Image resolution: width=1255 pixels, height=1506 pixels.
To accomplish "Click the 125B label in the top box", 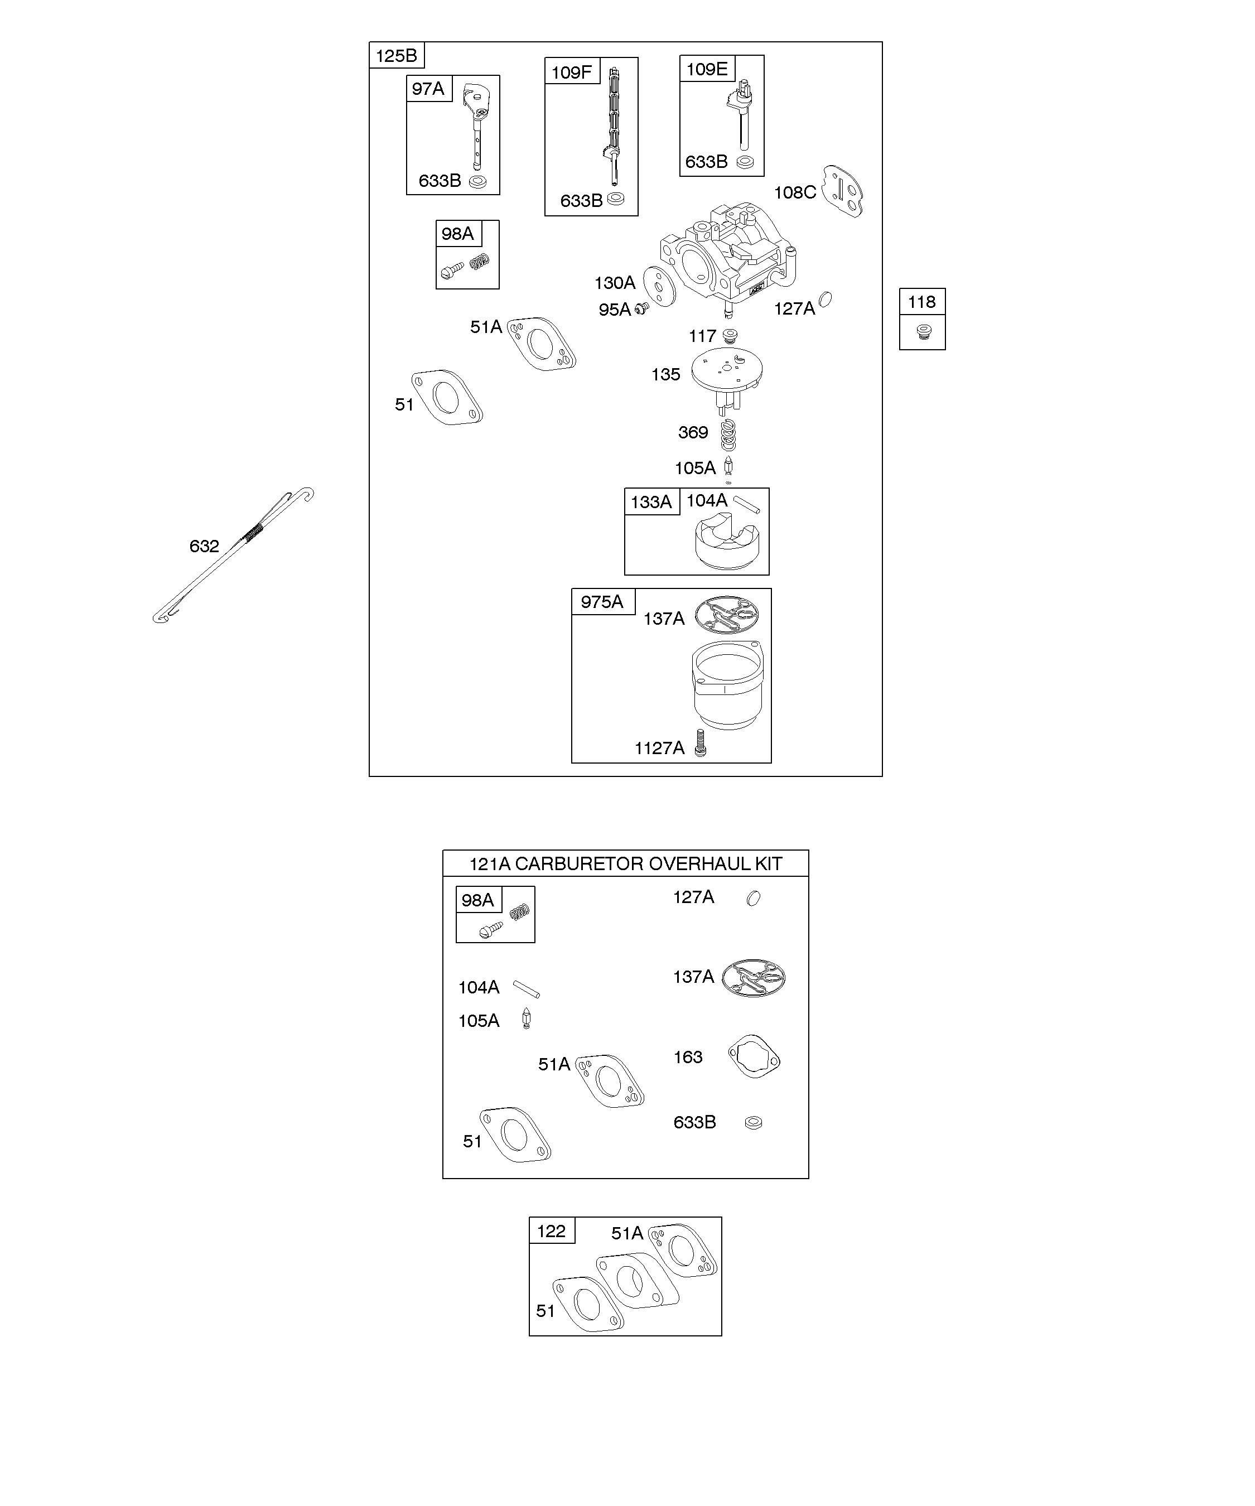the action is tap(396, 56).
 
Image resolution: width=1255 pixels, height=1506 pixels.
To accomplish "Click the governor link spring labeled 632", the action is tap(233, 556).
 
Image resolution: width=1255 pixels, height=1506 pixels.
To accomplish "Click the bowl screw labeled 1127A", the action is tap(701, 742).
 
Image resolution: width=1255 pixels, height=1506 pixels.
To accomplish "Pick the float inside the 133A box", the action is tap(726, 546).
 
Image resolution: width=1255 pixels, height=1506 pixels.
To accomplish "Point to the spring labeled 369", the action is tap(728, 435).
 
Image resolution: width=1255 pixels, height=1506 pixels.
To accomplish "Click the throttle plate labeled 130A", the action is tap(660, 286).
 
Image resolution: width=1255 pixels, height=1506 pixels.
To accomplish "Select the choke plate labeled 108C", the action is tap(843, 191).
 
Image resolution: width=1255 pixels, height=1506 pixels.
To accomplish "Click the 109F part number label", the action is tap(571, 73).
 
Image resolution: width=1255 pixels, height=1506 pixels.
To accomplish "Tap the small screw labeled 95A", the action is tap(642, 308).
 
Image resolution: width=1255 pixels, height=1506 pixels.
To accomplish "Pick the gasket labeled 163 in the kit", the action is tap(754, 1056).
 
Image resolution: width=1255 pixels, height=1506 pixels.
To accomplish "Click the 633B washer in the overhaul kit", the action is tap(753, 1122).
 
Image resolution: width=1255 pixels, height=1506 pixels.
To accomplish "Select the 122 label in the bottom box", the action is tap(551, 1232).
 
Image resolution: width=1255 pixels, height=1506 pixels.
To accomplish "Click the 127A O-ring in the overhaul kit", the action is tap(753, 898).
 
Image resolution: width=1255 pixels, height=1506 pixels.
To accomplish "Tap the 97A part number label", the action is tap(428, 89).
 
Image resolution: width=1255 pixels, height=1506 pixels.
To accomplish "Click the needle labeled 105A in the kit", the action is tap(527, 1019).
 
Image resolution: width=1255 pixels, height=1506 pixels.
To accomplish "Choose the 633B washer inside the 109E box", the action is tap(745, 162).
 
